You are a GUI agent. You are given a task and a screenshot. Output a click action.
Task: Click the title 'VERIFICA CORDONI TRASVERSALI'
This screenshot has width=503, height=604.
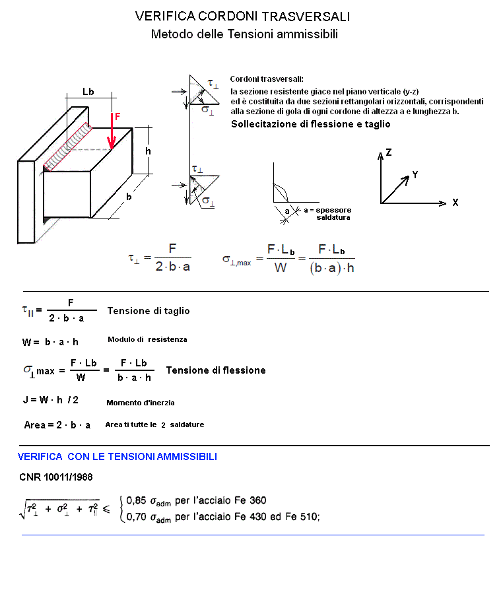242,17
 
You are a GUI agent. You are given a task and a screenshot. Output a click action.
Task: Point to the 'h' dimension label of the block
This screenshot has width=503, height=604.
148,151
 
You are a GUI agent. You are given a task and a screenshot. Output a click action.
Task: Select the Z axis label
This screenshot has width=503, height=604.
389,152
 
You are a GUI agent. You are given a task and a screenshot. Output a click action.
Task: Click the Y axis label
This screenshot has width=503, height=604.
415,175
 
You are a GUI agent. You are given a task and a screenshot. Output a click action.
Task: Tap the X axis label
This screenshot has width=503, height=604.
455,203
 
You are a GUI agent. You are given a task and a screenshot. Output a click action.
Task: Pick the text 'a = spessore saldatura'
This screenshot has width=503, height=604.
327,213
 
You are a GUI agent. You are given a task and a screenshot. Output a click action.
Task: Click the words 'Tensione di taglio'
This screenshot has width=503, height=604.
148,311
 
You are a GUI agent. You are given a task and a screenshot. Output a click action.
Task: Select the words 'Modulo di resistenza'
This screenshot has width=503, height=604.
147,339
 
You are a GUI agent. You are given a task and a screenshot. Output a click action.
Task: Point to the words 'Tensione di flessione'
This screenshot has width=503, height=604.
216,370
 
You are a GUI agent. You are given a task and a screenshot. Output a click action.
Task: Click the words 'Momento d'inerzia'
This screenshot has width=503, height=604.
140,402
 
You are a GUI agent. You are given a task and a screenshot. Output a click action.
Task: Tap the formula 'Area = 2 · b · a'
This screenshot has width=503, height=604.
57,425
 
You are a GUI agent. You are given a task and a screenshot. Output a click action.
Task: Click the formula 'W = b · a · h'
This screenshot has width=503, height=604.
51,342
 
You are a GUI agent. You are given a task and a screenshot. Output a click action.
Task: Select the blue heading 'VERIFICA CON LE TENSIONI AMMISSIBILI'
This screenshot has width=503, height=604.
117,457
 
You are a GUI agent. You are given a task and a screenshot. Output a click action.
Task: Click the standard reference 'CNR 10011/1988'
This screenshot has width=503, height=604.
56,477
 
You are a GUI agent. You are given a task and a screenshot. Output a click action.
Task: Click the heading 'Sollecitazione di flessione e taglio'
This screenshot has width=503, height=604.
310,124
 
